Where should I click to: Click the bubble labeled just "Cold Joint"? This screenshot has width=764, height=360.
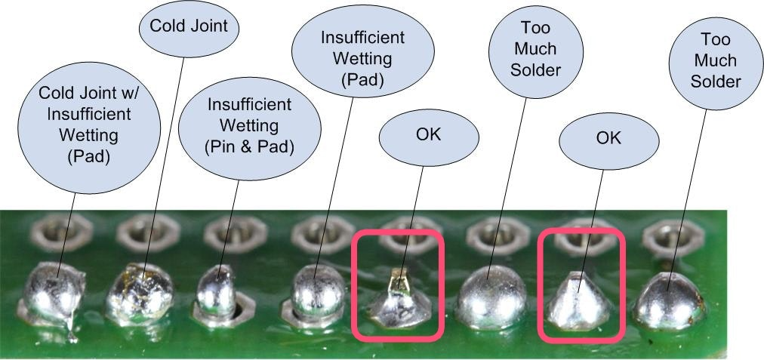click(189, 27)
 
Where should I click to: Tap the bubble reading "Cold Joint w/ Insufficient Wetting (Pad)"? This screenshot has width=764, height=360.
click(89, 128)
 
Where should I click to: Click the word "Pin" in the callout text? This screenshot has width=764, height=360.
click(223, 146)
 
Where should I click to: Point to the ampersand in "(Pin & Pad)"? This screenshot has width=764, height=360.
click(248, 146)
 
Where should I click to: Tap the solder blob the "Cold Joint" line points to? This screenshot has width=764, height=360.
click(140, 294)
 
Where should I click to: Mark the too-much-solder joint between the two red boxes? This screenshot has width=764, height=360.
click(491, 298)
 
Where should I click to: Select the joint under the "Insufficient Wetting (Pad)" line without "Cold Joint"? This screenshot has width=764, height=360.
click(313, 296)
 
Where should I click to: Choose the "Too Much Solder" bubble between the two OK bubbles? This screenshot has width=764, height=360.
click(535, 49)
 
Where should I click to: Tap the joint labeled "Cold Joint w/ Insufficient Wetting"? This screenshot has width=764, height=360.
click(53, 296)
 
